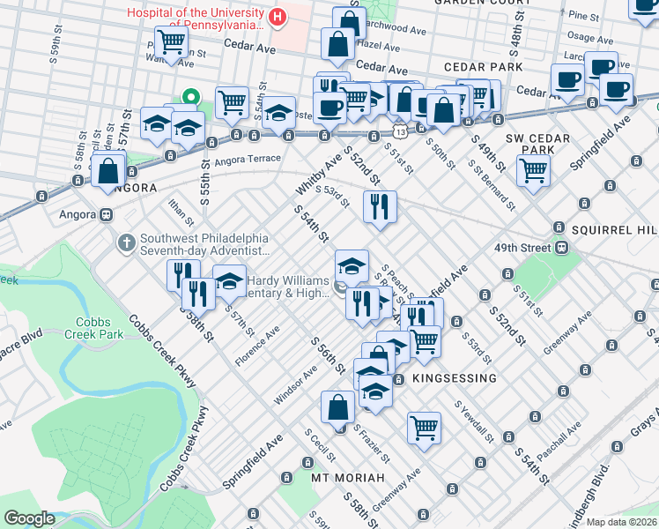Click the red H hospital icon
[278, 17]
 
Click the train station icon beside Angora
[107, 214]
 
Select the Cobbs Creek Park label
[100, 328]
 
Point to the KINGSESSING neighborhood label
[455, 378]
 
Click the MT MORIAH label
[348, 477]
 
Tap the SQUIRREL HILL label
[614, 229]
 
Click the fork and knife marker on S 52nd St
[381, 207]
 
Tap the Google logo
[29, 518]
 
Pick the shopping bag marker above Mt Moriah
[337, 407]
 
